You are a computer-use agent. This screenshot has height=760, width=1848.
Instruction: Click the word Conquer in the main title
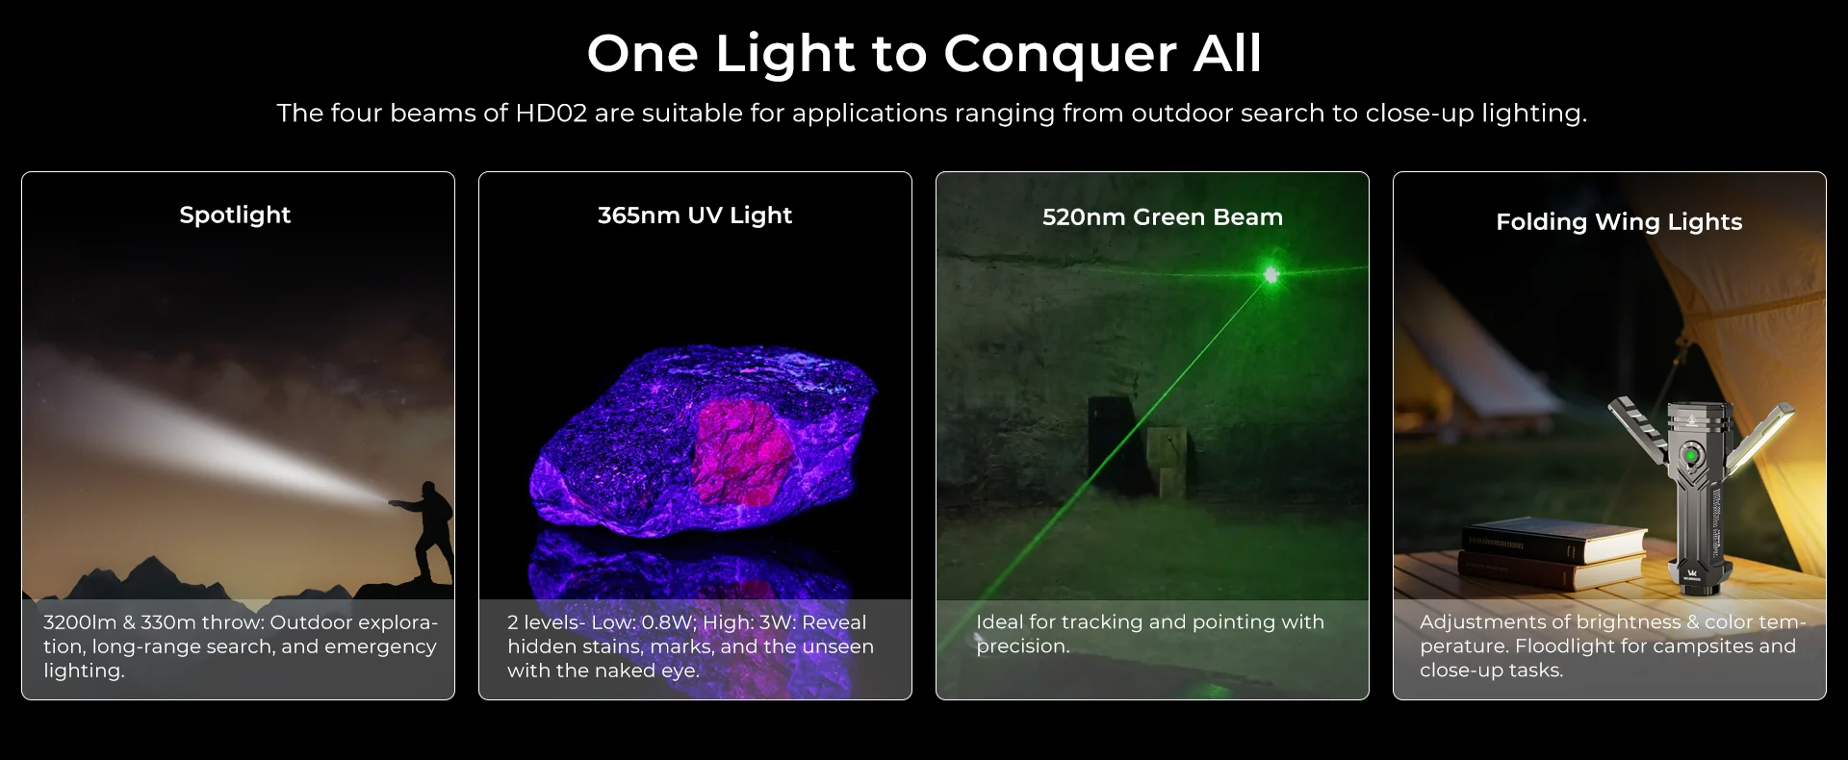click(x=1060, y=54)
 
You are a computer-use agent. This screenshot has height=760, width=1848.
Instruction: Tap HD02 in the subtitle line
click(x=551, y=114)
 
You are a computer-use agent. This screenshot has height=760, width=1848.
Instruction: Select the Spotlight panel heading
click(x=235, y=215)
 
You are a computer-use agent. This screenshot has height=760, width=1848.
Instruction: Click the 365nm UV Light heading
click(x=695, y=215)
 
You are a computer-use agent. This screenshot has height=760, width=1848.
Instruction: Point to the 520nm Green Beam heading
click(x=1163, y=217)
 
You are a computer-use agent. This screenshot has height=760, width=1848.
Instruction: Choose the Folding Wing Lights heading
click(x=1619, y=222)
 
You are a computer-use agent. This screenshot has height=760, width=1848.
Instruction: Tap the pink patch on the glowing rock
click(x=738, y=452)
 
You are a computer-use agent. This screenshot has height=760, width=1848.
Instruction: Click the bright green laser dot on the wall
click(x=1271, y=275)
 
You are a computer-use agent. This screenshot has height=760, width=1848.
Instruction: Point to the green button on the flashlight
click(x=1689, y=454)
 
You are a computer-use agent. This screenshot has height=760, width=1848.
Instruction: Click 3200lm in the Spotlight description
click(x=80, y=622)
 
